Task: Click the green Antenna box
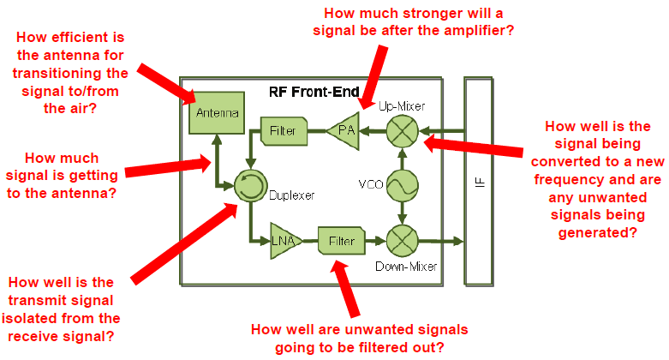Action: point(215,112)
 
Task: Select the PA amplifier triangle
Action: point(343,131)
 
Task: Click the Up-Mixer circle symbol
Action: point(399,131)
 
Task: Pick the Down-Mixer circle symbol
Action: point(399,241)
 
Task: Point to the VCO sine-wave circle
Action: point(399,185)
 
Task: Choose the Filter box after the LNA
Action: point(340,241)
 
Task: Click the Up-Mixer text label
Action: point(402,105)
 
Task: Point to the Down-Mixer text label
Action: point(406,267)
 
